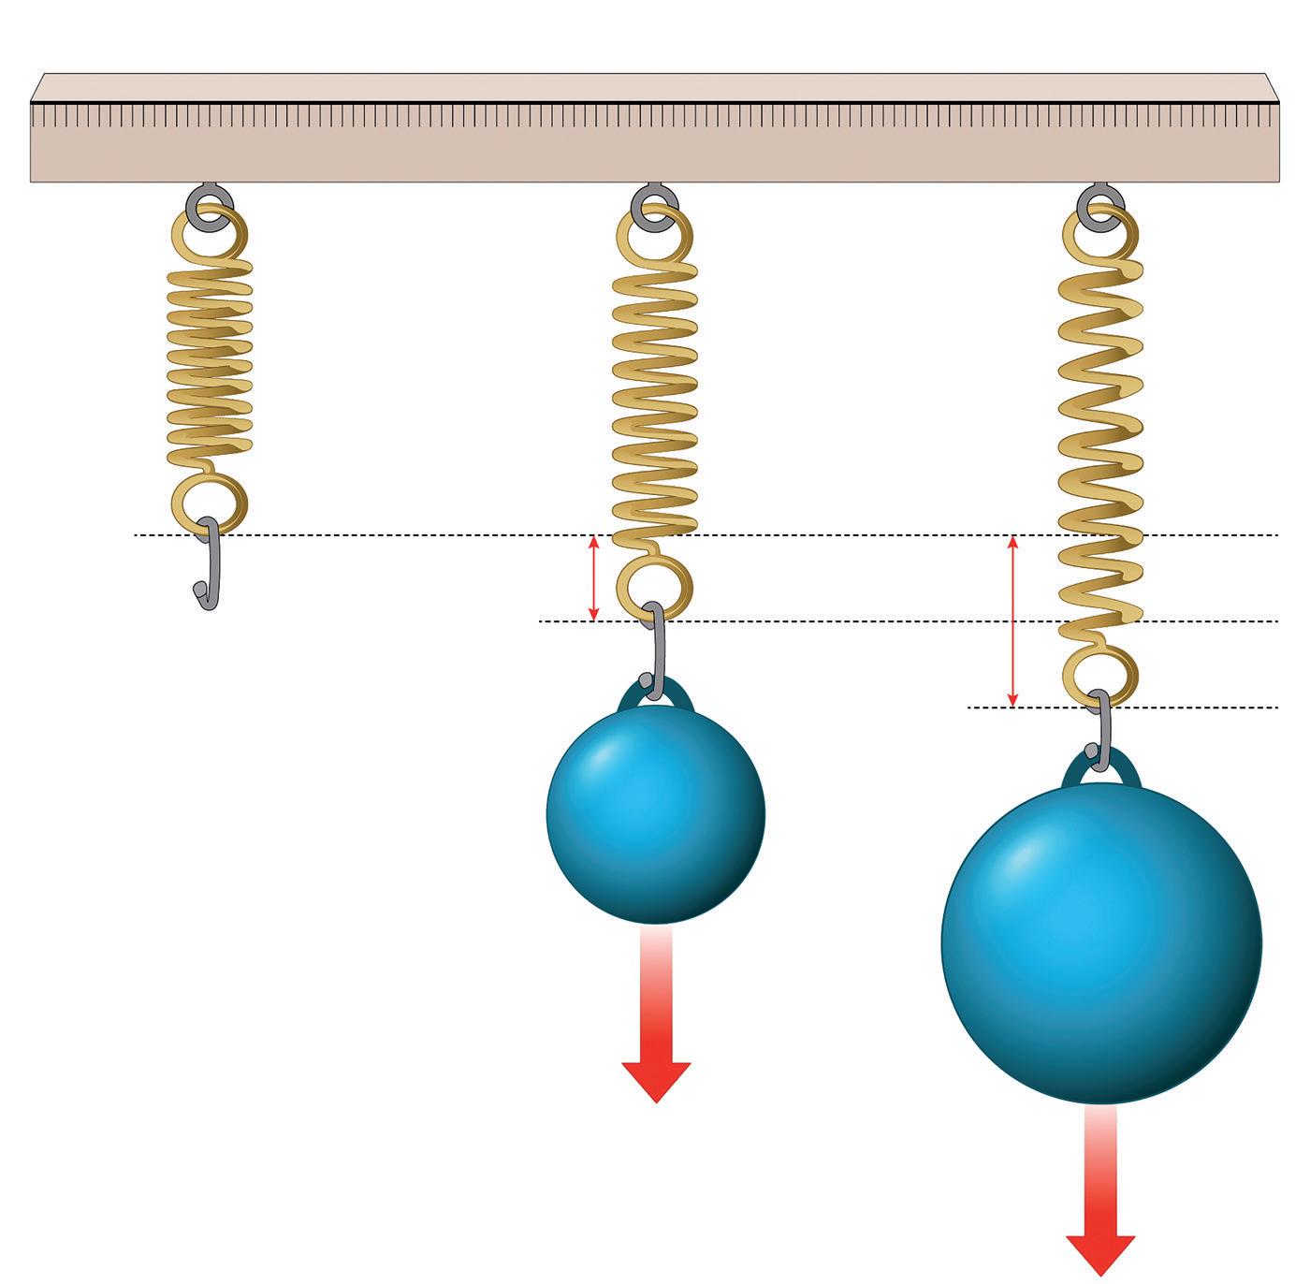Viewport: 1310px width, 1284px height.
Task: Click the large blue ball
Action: tap(1101, 943)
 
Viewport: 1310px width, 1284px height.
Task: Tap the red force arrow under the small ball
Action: tap(656, 1029)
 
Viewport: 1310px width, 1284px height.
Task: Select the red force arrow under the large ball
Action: tap(1100, 1207)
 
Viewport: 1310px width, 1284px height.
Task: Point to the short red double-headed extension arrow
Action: tap(592, 578)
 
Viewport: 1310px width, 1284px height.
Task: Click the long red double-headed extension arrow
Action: tap(1012, 621)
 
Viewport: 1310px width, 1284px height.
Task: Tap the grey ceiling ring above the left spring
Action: tap(205, 202)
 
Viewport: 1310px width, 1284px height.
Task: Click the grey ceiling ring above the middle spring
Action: tap(653, 202)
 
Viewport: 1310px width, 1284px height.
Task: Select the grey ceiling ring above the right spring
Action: tap(1100, 202)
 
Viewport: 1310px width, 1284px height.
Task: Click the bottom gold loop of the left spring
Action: tap(210, 501)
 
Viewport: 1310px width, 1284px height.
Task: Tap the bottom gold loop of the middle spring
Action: tap(654, 589)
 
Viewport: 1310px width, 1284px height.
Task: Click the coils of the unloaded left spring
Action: tap(210, 356)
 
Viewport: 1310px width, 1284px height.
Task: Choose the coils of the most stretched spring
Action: tap(1100, 440)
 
